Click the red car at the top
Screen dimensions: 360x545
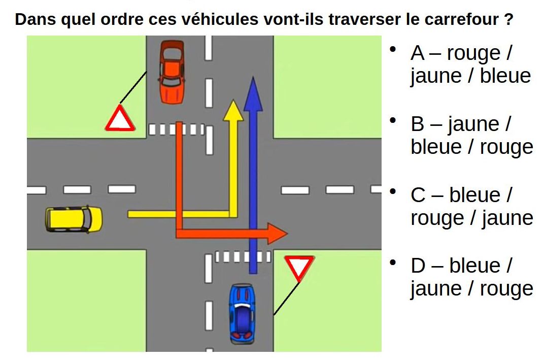pyautogui.click(x=172, y=72)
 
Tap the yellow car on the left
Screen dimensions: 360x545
pyautogui.click(x=74, y=218)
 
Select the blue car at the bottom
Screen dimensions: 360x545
pyautogui.click(x=242, y=313)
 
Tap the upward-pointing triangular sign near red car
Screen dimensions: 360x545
pyautogui.click(x=120, y=119)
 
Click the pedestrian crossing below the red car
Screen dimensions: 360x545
pyautogui.click(x=176, y=129)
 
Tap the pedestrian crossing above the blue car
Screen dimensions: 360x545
pyautogui.click(x=243, y=256)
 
